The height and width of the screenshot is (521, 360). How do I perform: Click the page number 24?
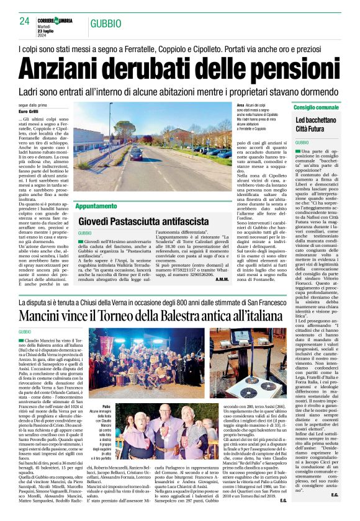pyautogui.click(x=24, y=21)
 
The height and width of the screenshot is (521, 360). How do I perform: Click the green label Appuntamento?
pyautogui.click(x=96, y=205)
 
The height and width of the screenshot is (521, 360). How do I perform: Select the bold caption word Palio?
pyautogui.click(x=107, y=389)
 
